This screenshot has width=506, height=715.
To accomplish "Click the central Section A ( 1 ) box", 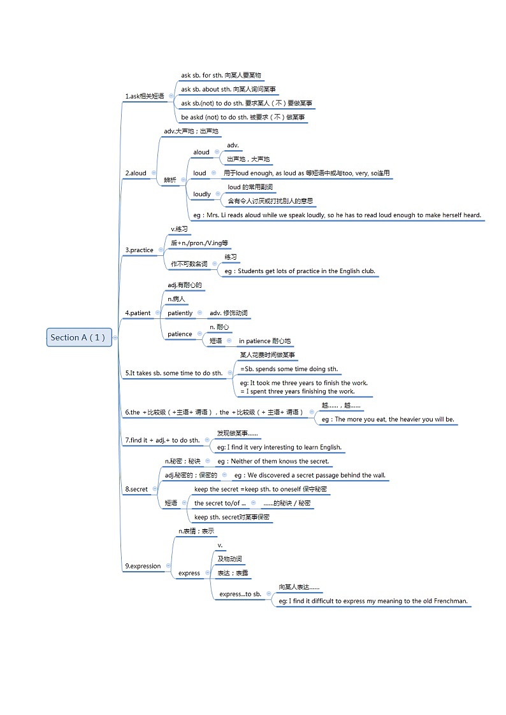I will (80, 337).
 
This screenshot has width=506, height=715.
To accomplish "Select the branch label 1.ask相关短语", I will (145, 96).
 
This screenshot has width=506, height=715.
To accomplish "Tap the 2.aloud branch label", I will (136, 173).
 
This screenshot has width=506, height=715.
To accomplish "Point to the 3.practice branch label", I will (140, 250).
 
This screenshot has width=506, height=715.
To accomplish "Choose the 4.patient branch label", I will (138, 313).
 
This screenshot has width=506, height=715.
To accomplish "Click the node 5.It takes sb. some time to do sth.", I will (174, 373).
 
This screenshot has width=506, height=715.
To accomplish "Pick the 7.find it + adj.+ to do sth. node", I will (163, 440).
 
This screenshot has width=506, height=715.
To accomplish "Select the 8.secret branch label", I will (136, 489).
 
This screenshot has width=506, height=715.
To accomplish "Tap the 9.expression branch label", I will (143, 566).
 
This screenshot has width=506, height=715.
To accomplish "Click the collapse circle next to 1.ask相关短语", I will (171, 96).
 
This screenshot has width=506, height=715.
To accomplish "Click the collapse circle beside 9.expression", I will (168, 566).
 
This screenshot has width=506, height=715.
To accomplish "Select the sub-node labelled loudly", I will (202, 194).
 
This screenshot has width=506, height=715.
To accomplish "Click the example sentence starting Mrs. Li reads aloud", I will (337, 215).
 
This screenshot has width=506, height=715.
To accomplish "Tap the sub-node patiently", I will (180, 313).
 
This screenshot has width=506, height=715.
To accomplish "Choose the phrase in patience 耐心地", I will (264, 341).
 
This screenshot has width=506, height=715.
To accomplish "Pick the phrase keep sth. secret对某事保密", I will (232, 517).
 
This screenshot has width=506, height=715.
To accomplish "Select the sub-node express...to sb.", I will (240, 594).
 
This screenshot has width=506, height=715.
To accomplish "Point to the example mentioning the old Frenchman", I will (373, 601).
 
